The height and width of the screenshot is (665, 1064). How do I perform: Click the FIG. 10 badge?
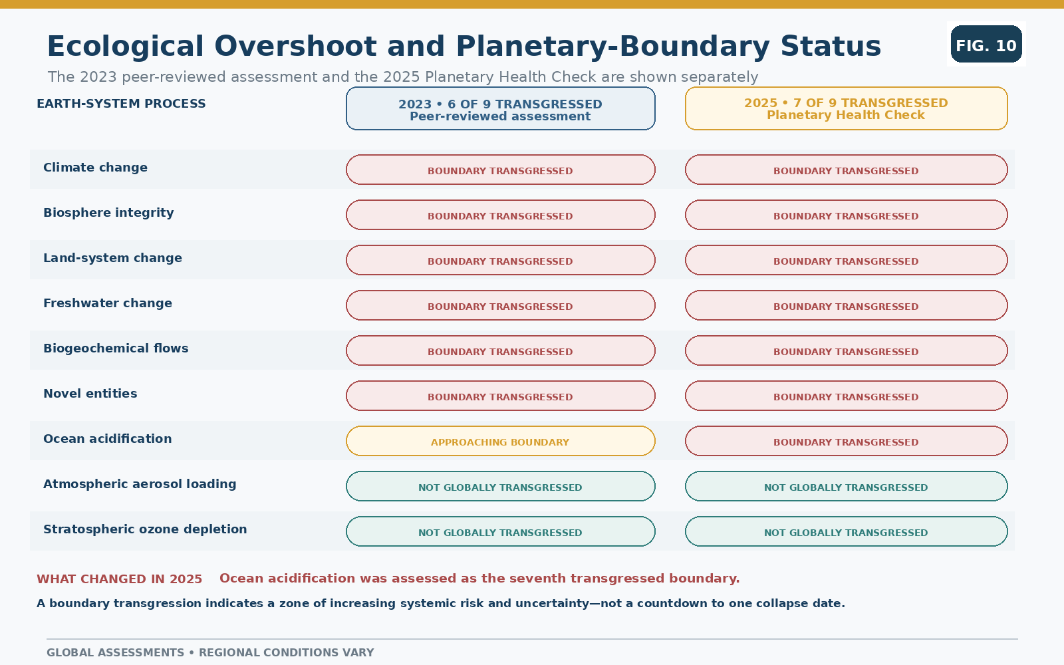[986, 44]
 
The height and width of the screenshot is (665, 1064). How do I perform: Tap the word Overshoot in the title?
[295, 47]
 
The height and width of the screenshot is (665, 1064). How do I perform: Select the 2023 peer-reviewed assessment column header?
[501, 108]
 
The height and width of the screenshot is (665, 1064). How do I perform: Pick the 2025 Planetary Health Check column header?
[846, 108]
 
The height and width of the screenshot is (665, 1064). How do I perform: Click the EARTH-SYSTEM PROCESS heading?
[121, 104]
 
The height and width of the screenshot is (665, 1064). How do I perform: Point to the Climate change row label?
[96, 168]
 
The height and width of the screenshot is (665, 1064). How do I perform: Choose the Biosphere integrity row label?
[108, 213]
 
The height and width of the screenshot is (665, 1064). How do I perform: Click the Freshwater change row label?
[108, 303]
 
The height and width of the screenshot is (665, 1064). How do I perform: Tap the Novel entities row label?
[90, 393]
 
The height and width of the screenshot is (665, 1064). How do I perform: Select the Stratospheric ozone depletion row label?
[145, 529]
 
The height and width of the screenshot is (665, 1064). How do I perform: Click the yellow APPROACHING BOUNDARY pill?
[501, 442]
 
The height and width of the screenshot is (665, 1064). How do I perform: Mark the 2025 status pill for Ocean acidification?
[846, 442]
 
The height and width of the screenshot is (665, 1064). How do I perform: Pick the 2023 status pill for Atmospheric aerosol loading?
[501, 486]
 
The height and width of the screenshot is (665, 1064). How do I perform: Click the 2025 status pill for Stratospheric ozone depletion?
[846, 531]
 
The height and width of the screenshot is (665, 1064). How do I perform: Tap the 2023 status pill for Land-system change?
[501, 260]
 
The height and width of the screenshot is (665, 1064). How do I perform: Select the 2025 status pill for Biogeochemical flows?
[846, 350]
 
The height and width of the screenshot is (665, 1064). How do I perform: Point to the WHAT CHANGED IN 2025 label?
[119, 579]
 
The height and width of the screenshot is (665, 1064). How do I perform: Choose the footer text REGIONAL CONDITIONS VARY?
[287, 652]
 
